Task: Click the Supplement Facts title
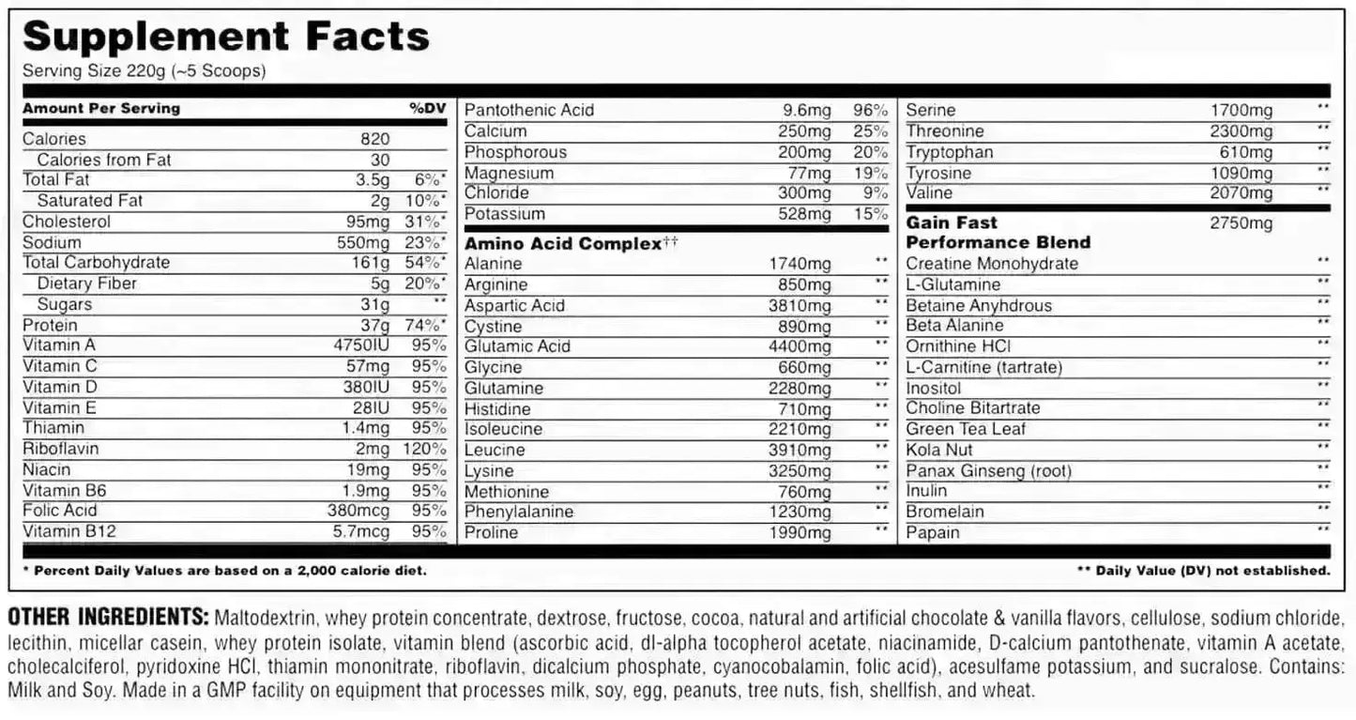[x=226, y=37]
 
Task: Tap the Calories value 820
[x=374, y=139]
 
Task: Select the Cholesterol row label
[x=67, y=222]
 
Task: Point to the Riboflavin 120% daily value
[x=424, y=449]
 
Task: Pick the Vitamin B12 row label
[x=69, y=531]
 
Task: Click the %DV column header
[x=428, y=108]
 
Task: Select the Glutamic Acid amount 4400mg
[x=799, y=346]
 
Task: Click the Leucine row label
[x=495, y=450]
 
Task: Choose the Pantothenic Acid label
[x=529, y=110]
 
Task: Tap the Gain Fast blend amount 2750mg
[x=1242, y=223]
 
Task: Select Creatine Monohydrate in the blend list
[x=992, y=264]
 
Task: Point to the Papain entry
[x=932, y=532]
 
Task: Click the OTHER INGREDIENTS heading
[x=107, y=618]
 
